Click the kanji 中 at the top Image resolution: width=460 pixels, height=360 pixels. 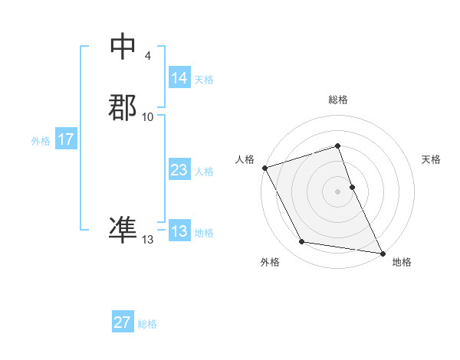[x=123, y=47]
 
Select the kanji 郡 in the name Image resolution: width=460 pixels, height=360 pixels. [x=123, y=107]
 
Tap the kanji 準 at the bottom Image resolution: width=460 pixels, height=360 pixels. [x=123, y=229]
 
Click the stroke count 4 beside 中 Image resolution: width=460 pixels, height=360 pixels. [x=147, y=56]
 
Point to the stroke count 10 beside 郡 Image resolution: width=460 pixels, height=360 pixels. [x=148, y=116]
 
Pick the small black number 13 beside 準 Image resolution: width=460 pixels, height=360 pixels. [x=148, y=240]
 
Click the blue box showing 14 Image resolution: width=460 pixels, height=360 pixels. [x=179, y=77]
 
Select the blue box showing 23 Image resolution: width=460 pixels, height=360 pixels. [x=179, y=170]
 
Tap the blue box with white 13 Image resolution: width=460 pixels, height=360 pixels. [x=179, y=231]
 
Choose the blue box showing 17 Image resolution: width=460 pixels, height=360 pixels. [x=65, y=139]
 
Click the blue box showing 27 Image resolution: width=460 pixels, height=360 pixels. [x=122, y=322]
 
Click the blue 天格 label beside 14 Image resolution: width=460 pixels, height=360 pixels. [x=204, y=79]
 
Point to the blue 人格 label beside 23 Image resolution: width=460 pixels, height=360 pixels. [x=204, y=172]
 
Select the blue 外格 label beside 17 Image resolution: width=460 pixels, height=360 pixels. [x=41, y=141]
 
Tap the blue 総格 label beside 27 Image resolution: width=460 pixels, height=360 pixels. [x=147, y=324]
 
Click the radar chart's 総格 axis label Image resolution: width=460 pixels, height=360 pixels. [x=338, y=100]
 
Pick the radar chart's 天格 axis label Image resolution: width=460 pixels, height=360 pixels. [x=432, y=159]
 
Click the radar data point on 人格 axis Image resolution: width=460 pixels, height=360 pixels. [x=265, y=168]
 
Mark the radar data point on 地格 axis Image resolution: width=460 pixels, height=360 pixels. [x=382, y=252]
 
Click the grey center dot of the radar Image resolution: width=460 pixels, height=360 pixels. [x=338, y=191]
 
